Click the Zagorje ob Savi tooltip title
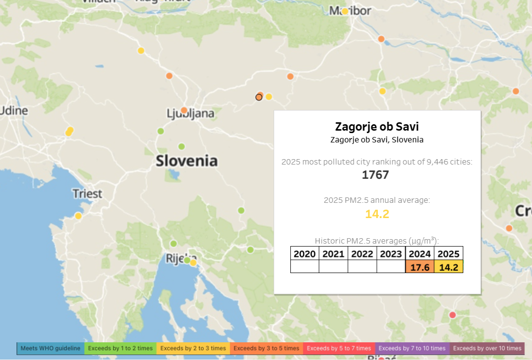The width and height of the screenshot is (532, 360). click(377, 127)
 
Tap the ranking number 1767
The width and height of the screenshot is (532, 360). click(375, 175)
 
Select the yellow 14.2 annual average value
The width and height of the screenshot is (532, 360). click(377, 214)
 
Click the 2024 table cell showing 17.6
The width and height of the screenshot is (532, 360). click(420, 267)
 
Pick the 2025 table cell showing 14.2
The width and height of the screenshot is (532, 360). click(448, 267)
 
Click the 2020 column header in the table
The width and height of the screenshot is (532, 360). click(305, 254)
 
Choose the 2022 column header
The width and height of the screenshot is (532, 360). click(362, 254)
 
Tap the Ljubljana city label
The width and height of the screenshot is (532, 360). click(191, 114)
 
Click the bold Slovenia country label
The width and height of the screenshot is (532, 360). click(186, 161)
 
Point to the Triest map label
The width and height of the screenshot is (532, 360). click(87, 194)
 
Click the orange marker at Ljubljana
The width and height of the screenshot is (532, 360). click(184, 111)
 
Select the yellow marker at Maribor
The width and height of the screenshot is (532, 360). click(345, 11)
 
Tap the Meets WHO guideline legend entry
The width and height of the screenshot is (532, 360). click(50, 349)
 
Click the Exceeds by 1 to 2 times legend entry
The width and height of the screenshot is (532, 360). click(120, 349)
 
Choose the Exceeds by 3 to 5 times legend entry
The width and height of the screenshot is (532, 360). click(266, 349)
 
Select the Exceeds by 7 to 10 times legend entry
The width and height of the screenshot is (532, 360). click(412, 349)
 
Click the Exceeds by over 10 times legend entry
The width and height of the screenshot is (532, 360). click(487, 349)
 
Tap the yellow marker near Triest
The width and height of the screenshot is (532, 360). click(78, 216)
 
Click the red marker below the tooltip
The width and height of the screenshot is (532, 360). click(452, 315)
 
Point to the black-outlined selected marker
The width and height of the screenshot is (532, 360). click(259, 97)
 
